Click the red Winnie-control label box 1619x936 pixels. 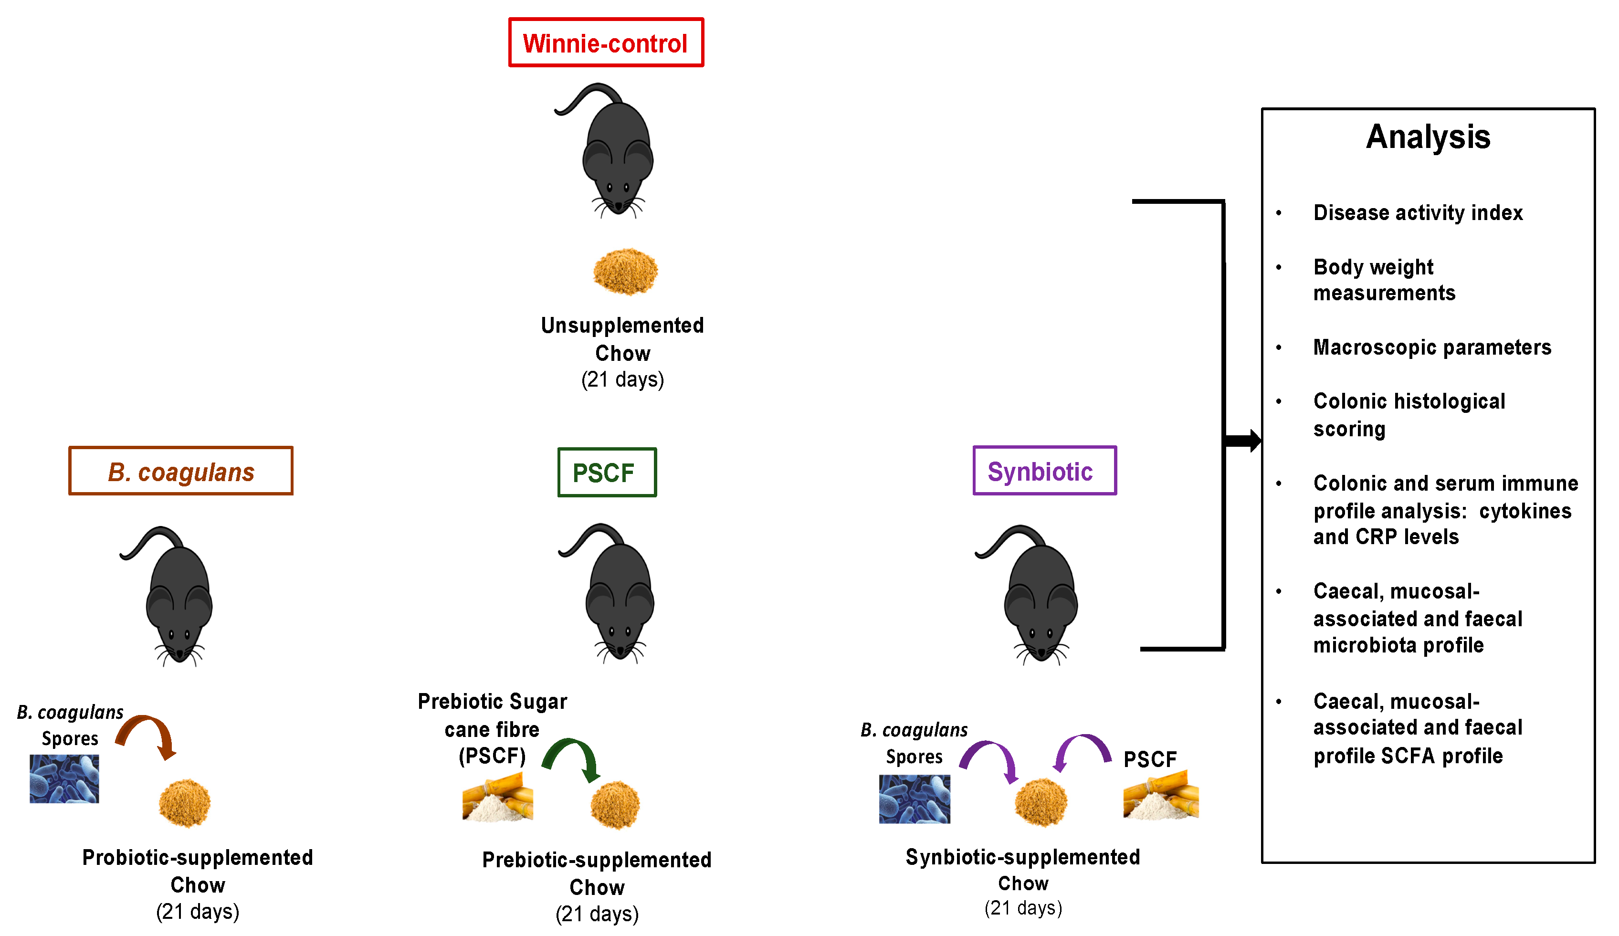(606, 42)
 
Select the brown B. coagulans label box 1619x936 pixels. (180, 471)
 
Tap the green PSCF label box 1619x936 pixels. (607, 472)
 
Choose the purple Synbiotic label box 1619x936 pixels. (1045, 470)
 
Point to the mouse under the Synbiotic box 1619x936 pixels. (1030, 594)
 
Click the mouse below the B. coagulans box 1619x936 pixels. (170, 596)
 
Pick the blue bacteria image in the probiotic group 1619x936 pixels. (64, 778)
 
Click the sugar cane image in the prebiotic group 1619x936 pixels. (498, 797)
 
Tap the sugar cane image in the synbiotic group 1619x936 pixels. (1161, 795)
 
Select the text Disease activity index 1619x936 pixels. (1418, 212)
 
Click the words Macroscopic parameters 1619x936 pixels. (1432, 347)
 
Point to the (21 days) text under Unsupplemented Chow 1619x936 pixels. (622, 379)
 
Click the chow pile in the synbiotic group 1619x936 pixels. (1041, 802)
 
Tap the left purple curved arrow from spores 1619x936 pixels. (990, 753)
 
